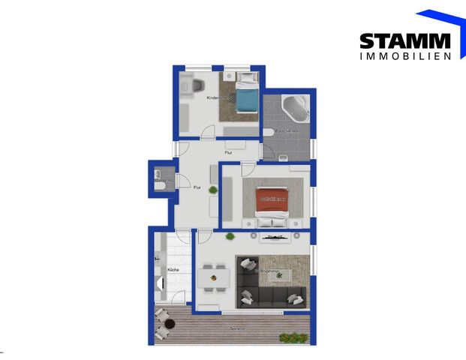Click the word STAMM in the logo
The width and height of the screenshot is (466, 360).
tap(404, 41)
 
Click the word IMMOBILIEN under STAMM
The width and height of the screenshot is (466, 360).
tap(404, 56)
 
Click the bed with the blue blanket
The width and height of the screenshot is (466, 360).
tap(243, 96)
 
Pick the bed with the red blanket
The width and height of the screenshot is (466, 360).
tap(273, 202)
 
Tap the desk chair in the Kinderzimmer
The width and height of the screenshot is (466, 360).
tap(197, 85)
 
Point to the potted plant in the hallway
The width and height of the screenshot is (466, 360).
tap(214, 190)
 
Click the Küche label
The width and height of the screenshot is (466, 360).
tap(173, 269)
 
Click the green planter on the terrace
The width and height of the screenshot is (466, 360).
tap(293, 337)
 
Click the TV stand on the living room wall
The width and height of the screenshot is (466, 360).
tap(277, 238)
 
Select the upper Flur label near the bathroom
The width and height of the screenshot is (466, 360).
tap(228, 153)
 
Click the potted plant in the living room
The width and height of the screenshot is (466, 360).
tap(230, 237)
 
